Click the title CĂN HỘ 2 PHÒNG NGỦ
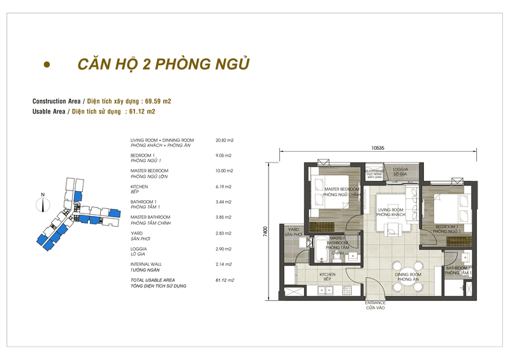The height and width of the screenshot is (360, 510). click(163, 65)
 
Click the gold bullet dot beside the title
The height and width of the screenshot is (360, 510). click(46, 65)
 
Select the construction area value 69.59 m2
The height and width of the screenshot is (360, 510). click(158, 101)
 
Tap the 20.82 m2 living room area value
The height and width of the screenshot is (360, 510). click(224, 140)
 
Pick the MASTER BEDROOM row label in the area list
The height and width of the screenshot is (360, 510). click(149, 171)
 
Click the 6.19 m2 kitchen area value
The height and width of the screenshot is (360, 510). click(223, 187)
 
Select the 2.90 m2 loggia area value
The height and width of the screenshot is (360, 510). click(223, 248)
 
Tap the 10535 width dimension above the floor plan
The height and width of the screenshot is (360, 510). click(379, 148)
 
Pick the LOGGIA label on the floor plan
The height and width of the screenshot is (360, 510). click(400, 170)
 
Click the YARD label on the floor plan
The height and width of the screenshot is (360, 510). click(294, 231)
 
